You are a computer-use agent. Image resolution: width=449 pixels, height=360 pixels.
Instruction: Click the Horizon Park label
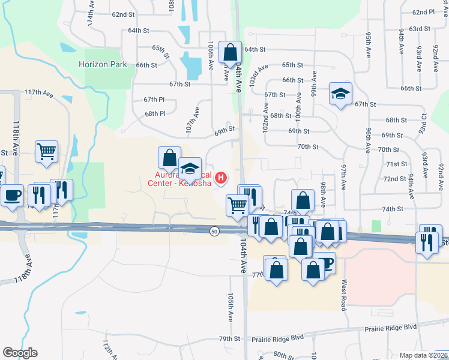pyautogui.click(x=102, y=64)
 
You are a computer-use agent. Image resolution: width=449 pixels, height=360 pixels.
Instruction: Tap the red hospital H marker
pyautogui.click(x=221, y=178)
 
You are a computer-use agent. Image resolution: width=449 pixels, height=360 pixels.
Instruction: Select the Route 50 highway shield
pyautogui.click(x=214, y=231)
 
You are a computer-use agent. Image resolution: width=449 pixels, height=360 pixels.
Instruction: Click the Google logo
pyautogui.click(x=20, y=353)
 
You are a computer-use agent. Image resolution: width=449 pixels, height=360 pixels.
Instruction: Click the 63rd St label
pyautogui.click(x=420, y=29)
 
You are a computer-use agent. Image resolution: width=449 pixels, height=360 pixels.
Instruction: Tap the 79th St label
pyautogui.click(x=229, y=339)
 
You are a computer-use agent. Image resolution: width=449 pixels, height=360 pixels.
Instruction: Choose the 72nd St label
pyautogui.click(x=395, y=179)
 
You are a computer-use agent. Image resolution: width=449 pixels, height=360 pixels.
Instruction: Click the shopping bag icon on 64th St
pyautogui.click(x=230, y=53)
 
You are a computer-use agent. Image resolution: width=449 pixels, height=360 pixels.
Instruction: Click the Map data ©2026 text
pyautogui.click(x=423, y=355)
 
